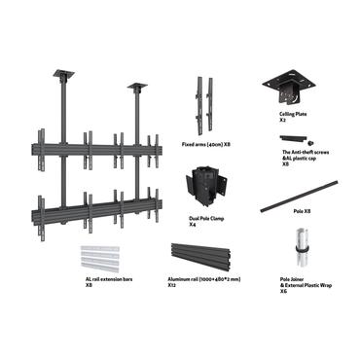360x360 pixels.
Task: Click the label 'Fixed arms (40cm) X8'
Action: [205, 144]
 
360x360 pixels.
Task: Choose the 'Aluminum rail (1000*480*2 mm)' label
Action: [205, 279]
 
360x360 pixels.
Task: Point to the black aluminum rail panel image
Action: [205, 257]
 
